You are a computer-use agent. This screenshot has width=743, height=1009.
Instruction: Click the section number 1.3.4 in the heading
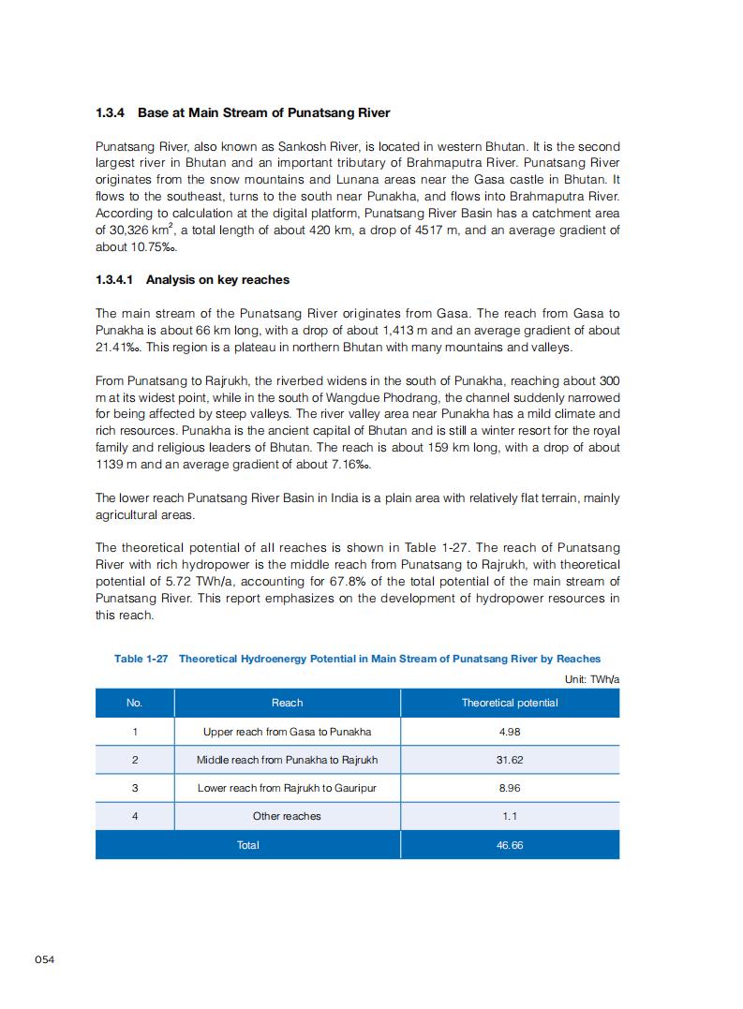click(111, 113)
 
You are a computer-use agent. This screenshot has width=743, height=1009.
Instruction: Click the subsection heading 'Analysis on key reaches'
click(217, 280)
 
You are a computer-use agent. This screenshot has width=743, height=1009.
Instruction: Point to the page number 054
click(45, 958)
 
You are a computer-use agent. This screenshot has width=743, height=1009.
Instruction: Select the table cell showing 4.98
click(510, 732)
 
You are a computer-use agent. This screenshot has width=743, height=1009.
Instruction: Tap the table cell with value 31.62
click(510, 760)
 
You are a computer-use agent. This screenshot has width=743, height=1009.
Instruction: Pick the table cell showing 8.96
click(510, 788)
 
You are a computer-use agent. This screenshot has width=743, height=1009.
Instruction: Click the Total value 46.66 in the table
click(510, 845)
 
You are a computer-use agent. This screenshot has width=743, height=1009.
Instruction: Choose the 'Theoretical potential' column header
click(510, 703)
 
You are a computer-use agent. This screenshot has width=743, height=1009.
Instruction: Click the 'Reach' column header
click(287, 703)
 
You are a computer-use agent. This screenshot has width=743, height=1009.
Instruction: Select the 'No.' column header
click(135, 703)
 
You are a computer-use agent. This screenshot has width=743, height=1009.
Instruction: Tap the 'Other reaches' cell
click(287, 816)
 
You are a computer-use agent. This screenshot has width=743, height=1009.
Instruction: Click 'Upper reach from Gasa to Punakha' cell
click(287, 732)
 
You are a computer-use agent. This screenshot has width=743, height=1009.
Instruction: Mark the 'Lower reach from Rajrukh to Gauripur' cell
click(287, 788)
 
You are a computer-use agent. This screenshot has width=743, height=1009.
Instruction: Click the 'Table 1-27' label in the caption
click(141, 659)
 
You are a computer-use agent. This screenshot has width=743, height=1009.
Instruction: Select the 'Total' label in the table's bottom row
click(248, 845)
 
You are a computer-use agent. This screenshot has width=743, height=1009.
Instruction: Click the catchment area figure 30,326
click(130, 230)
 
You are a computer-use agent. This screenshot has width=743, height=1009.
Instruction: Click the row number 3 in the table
click(135, 788)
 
